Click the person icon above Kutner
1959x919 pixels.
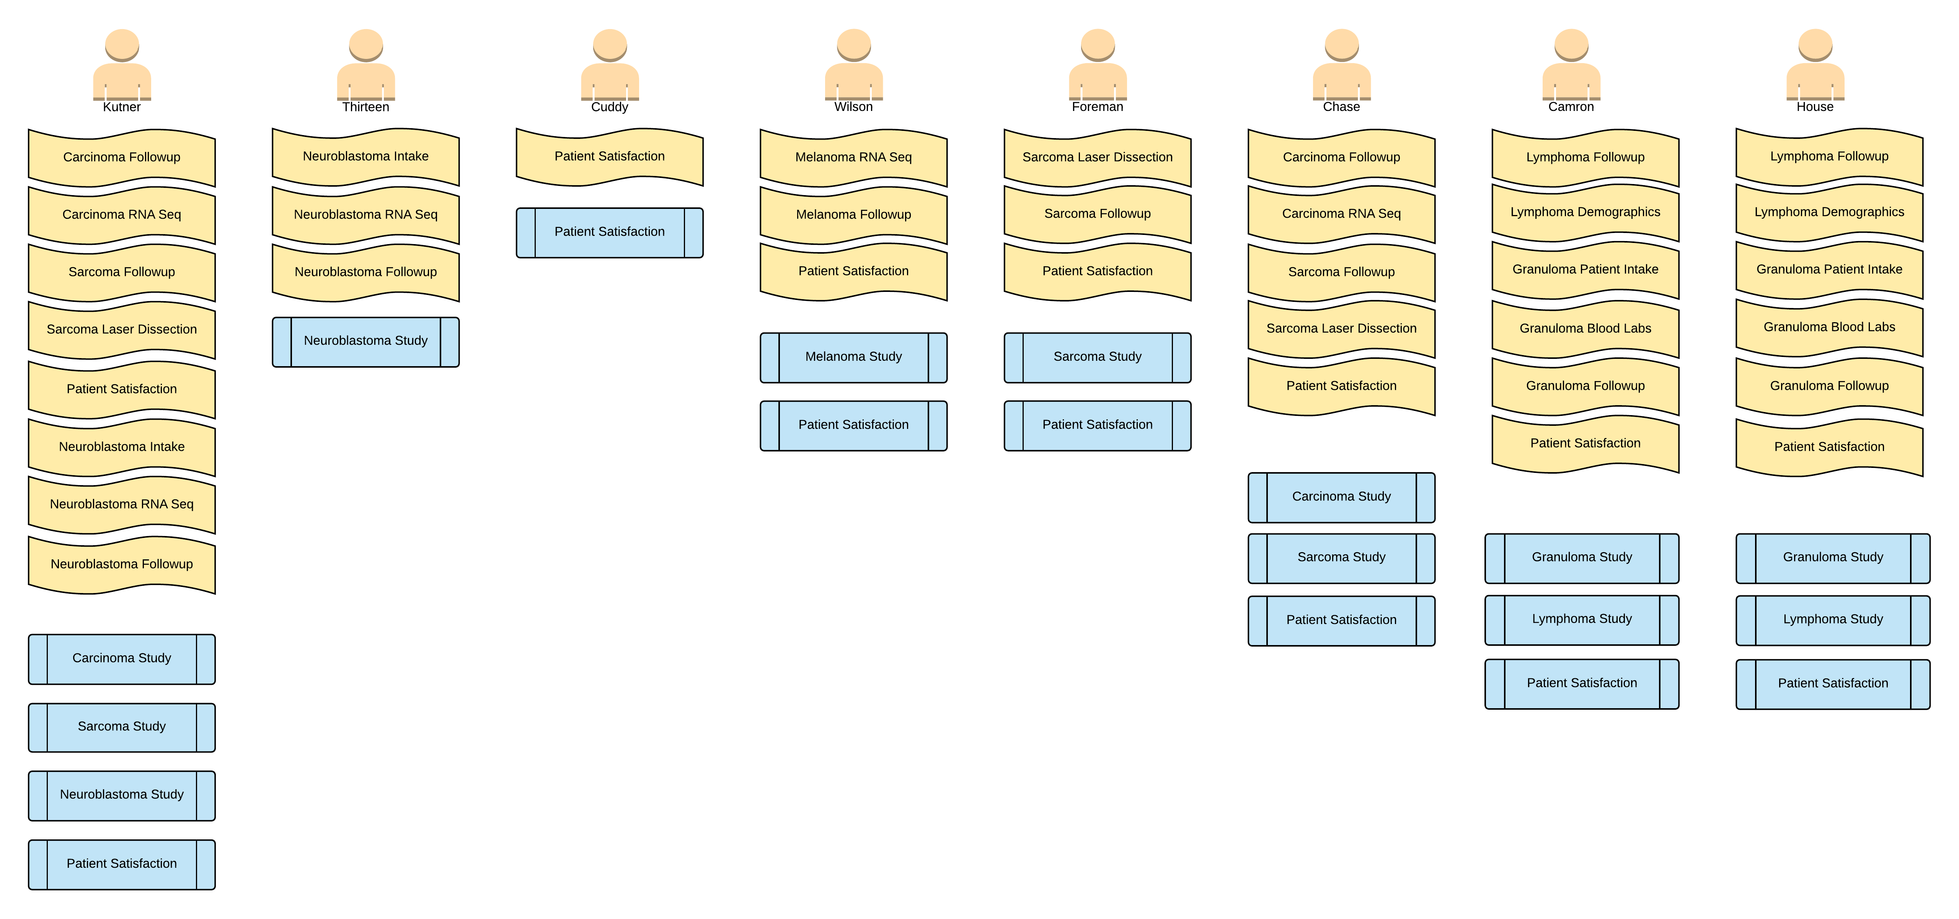(122, 65)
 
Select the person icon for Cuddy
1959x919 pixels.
(609, 65)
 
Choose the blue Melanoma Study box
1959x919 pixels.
(853, 357)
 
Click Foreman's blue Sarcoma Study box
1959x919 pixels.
(1098, 357)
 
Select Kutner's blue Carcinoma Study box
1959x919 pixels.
(122, 658)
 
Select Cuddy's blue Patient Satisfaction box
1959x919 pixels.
(609, 232)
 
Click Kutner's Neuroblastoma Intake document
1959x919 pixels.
(122, 447)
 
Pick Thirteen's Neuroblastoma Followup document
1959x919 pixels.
(366, 272)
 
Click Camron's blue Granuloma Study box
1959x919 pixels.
(1582, 557)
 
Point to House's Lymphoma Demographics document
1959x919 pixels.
(1829, 212)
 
